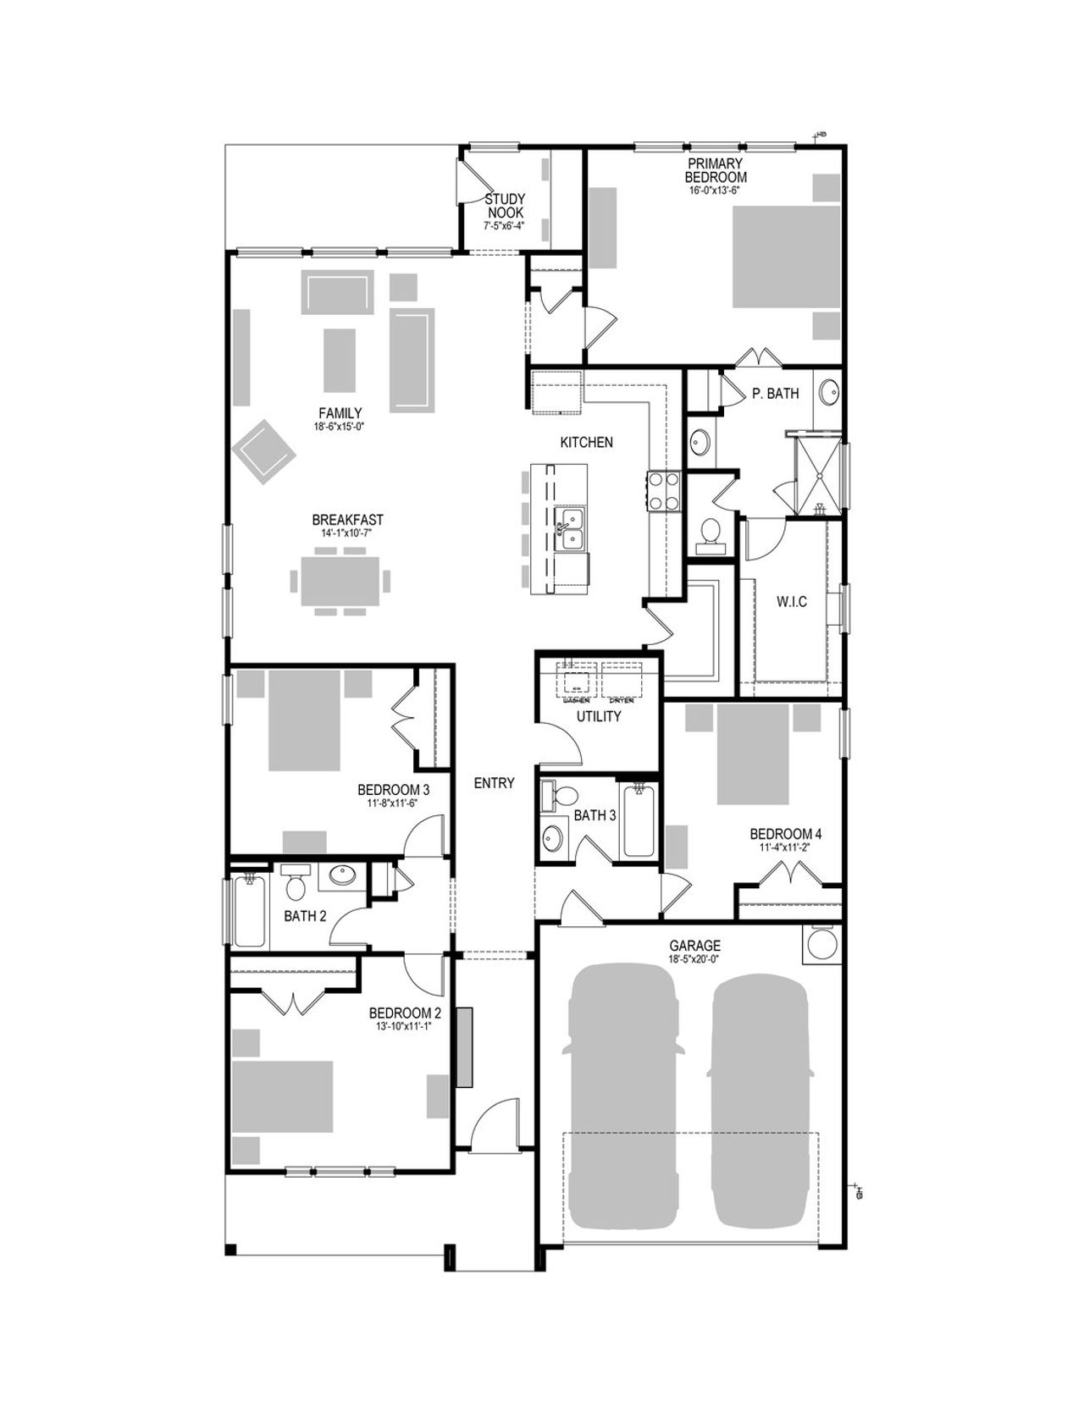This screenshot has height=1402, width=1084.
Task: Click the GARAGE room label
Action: tap(694, 946)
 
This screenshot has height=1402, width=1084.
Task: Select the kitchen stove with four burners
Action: tap(664, 490)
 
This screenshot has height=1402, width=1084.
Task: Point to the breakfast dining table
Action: tap(340, 581)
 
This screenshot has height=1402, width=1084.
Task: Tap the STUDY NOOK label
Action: tap(505, 206)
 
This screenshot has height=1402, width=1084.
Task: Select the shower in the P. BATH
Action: tap(818, 474)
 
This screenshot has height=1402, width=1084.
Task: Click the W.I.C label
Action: tap(791, 602)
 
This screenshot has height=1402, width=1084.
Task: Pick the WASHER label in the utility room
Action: tap(576, 700)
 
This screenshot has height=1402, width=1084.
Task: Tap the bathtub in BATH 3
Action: tap(637, 820)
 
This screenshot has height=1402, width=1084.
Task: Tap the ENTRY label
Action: tap(494, 783)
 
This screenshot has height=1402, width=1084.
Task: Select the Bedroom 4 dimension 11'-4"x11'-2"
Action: tap(785, 847)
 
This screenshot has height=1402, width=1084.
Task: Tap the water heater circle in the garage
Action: tap(821, 945)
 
